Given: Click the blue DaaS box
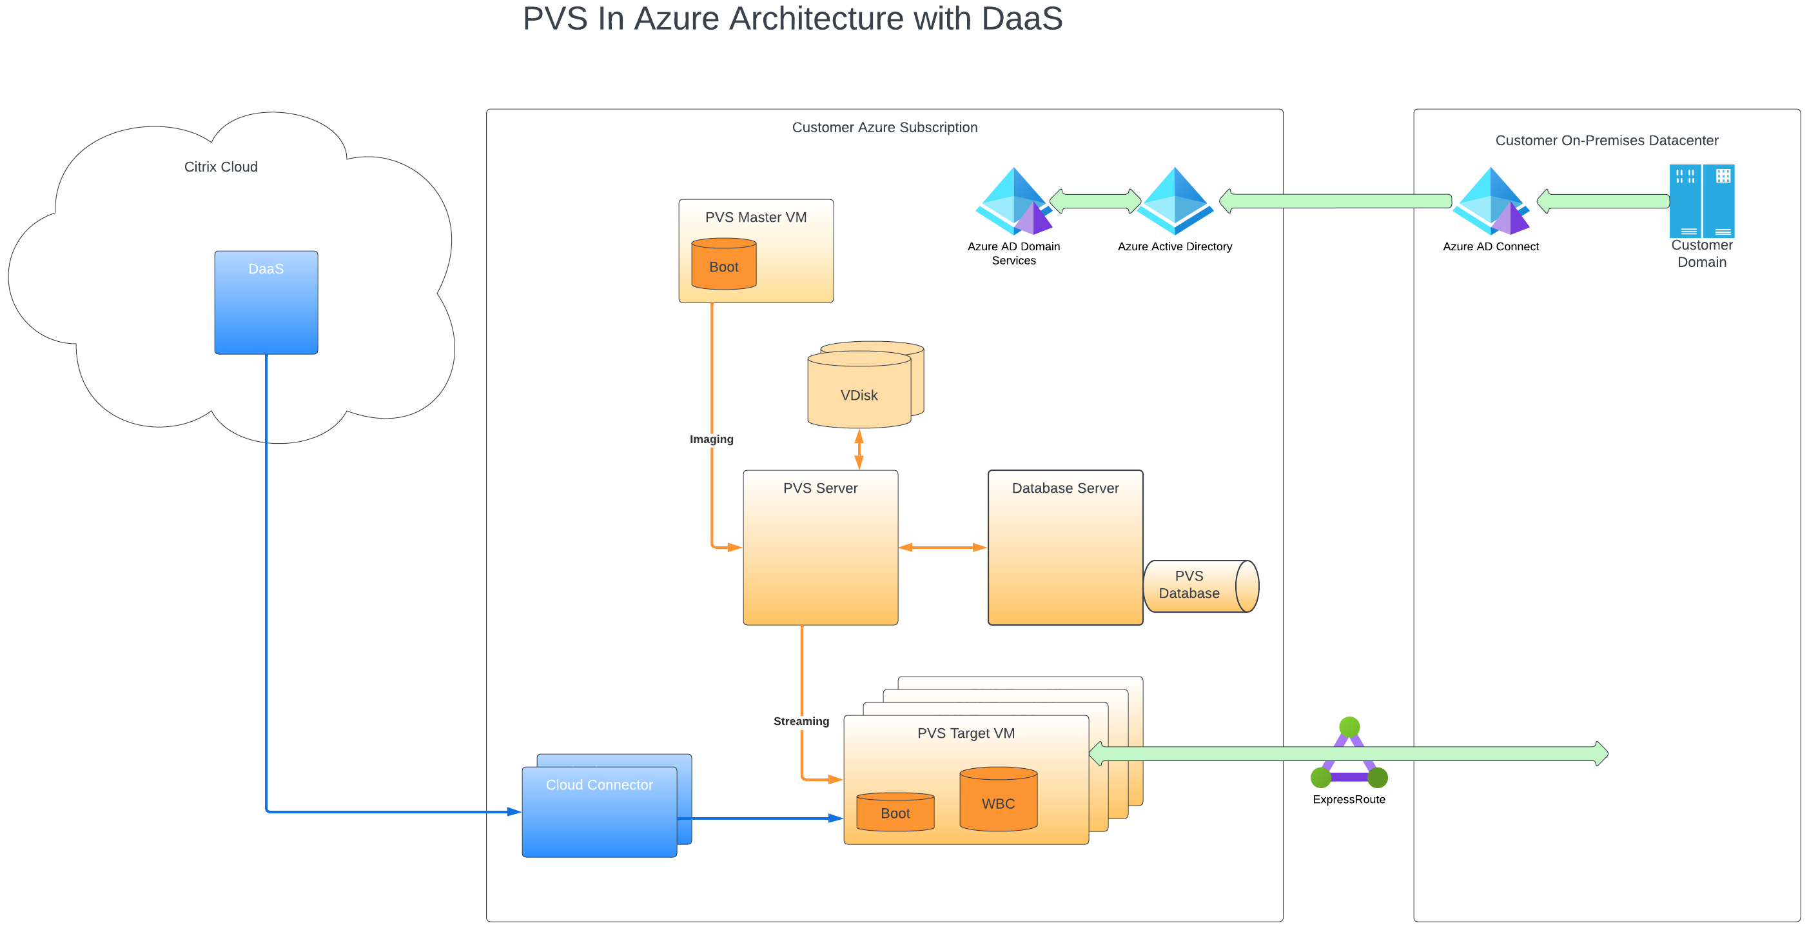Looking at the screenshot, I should point(266,302).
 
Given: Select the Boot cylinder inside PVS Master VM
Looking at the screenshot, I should point(723,265).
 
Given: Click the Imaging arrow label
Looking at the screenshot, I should point(710,439).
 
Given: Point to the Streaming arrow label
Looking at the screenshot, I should point(801,721).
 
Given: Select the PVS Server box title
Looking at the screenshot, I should point(819,488).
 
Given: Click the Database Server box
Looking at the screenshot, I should point(1064,547).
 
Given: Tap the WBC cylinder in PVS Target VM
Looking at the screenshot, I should point(998,800).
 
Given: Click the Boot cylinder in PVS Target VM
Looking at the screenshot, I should point(895,813).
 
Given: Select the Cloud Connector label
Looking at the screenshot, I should point(599,784).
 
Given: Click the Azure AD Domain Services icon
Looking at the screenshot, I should point(1013,203).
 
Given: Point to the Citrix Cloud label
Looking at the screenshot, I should point(220,166).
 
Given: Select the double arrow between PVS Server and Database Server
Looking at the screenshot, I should point(943,547).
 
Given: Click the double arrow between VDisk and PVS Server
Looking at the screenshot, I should point(858,449).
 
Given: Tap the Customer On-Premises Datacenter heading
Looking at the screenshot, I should point(1606,141).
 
